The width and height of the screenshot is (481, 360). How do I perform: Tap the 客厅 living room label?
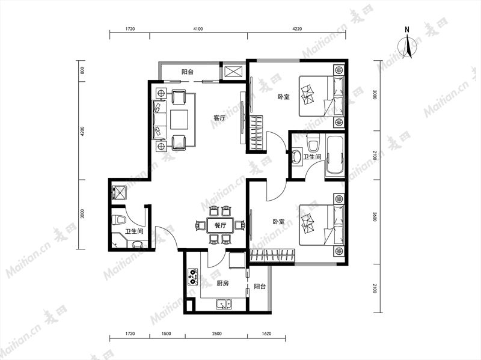(x=219, y=118)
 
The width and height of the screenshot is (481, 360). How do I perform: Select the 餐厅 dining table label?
(x=220, y=226)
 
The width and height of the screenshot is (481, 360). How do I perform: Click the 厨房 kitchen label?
(x=222, y=283)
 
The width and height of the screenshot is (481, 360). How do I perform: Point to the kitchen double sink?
(x=224, y=304)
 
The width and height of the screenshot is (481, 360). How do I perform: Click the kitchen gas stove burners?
(x=193, y=276)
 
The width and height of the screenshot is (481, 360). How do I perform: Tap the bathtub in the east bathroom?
(x=334, y=155)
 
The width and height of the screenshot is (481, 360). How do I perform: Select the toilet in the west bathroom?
(x=120, y=220)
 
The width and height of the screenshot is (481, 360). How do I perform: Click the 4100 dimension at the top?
(x=198, y=29)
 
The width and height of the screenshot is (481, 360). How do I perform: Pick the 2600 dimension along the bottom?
(x=216, y=334)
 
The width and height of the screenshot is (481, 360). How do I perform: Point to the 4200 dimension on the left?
(x=82, y=131)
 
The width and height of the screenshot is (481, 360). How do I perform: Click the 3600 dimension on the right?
(x=374, y=216)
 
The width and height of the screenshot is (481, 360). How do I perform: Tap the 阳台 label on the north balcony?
(x=188, y=72)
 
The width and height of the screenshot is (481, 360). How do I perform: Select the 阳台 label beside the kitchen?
(x=260, y=287)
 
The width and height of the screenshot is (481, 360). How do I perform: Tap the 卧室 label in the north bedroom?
(x=284, y=97)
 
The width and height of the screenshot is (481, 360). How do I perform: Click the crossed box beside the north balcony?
(x=234, y=72)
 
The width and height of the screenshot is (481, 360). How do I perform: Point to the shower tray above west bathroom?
(x=119, y=192)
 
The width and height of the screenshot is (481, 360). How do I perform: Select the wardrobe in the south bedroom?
(x=273, y=256)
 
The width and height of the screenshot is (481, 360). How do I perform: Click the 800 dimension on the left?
(x=82, y=70)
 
